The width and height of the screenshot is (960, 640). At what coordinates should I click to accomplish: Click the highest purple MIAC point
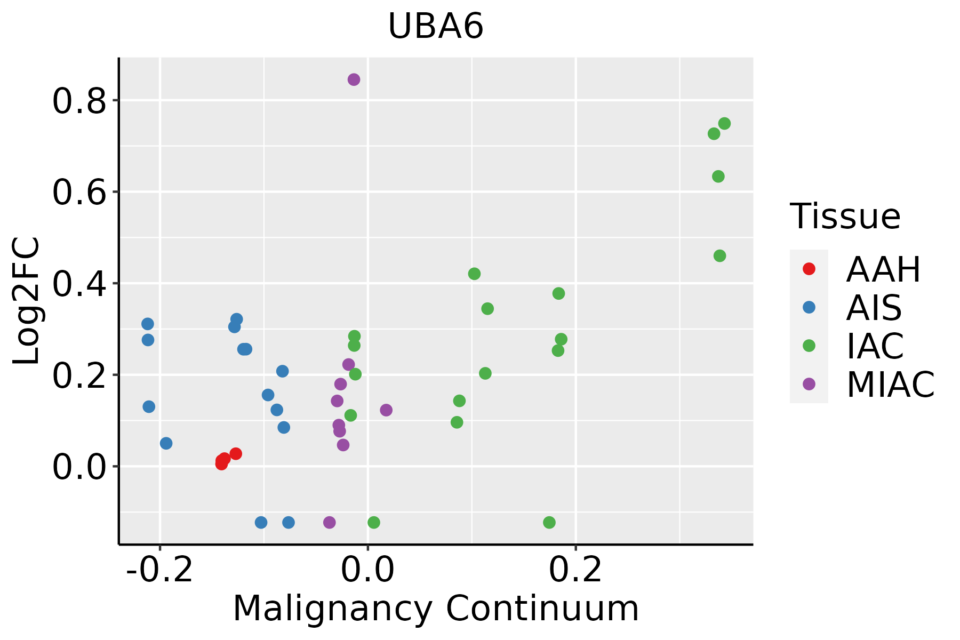pos(354,79)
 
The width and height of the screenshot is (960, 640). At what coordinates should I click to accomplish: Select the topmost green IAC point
pos(724,124)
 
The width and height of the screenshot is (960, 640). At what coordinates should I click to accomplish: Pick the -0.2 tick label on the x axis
pos(159,571)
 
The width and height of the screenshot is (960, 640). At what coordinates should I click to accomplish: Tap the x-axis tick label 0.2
pos(575,571)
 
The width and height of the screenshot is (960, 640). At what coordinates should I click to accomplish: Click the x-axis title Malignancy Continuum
pos(436,609)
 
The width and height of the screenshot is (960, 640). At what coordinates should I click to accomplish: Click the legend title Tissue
pos(845,217)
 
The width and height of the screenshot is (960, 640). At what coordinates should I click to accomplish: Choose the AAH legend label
pos(883,269)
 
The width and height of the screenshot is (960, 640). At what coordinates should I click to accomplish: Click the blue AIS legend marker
pos(809,307)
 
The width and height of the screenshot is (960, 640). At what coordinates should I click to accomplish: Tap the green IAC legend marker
pos(809,346)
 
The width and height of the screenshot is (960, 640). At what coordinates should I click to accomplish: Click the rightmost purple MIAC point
pos(386,410)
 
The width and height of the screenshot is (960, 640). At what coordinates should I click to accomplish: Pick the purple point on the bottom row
pos(330,522)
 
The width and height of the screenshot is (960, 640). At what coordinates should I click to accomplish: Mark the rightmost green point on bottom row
pos(549,522)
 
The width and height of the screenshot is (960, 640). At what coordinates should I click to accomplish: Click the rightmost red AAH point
pos(236,454)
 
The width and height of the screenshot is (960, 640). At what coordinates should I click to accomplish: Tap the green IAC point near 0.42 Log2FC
pos(474,274)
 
